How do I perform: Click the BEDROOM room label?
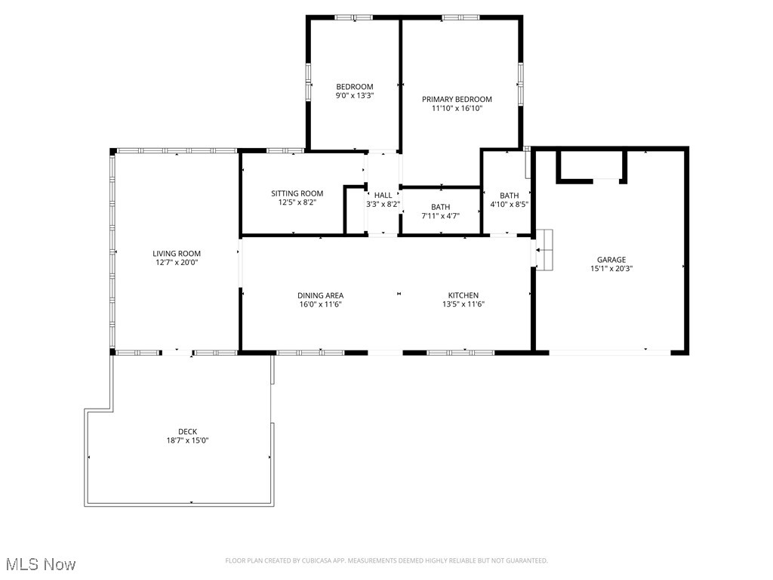[x=354, y=87]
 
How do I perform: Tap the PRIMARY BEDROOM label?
[x=457, y=99]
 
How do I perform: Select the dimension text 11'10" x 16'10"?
[x=457, y=109]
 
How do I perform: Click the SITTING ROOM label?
[x=297, y=193]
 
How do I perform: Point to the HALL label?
[x=383, y=195]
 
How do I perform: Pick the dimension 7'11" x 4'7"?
[x=440, y=216]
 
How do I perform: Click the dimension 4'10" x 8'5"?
[x=509, y=204]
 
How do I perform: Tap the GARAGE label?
[x=611, y=260]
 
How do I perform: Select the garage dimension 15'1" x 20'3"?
[x=611, y=268]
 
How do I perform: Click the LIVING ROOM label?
[x=177, y=254]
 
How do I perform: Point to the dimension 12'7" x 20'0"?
[x=177, y=263]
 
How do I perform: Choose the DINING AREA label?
[x=321, y=295]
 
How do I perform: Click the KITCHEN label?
[x=463, y=295]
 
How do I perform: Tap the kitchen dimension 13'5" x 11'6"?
[x=463, y=304]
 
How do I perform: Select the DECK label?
[x=187, y=432]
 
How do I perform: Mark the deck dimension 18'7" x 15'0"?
[x=187, y=440]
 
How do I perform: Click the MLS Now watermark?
[x=41, y=564]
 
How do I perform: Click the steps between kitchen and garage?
[x=544, y=248]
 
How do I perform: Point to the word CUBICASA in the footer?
[x=322, y=560]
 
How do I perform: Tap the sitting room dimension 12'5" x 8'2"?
[x=297, y=202]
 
